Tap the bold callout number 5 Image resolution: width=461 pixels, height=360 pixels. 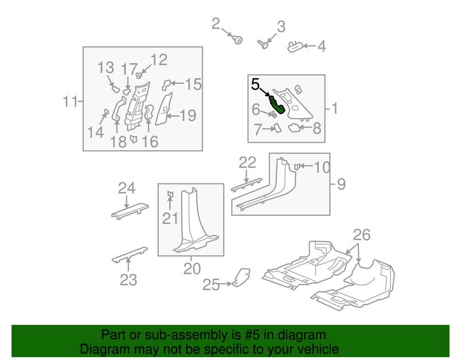256,85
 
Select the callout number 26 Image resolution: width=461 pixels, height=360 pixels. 361,236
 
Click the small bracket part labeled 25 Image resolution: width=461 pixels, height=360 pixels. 241,277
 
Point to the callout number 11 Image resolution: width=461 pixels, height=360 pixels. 70,101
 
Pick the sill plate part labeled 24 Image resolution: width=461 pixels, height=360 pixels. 130,210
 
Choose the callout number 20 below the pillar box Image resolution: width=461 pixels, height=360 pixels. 192,268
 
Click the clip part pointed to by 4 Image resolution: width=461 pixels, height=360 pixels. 295,46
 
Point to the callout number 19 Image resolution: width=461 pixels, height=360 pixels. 188,115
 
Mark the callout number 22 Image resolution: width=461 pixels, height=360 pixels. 247,163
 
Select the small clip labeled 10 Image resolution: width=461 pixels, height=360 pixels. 298,166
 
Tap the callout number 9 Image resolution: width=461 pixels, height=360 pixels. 341,184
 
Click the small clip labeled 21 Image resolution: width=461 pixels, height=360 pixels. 170,195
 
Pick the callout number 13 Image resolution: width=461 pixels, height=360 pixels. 106,68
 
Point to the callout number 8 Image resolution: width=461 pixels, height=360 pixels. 317,129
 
